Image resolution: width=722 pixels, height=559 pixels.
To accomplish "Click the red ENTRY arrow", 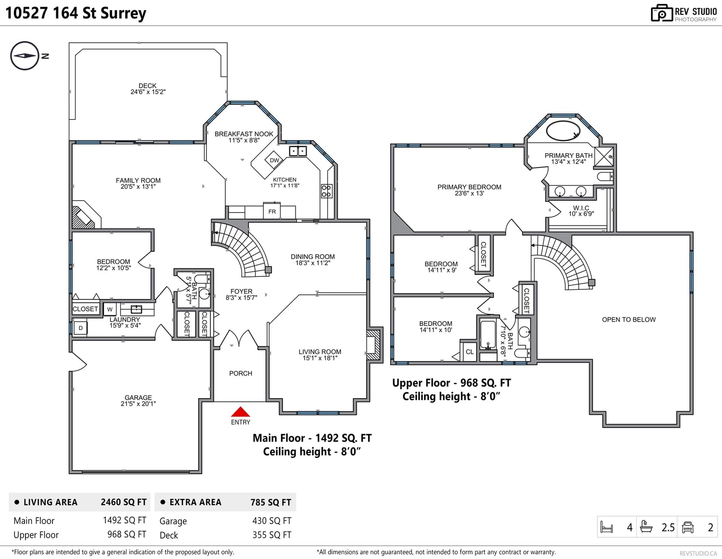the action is coord(240,412).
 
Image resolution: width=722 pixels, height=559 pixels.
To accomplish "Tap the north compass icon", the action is coord(25,55).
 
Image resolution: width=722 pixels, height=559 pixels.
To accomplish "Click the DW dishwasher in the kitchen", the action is coord(274,160).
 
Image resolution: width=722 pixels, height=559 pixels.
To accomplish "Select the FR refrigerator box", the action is coord(272,211).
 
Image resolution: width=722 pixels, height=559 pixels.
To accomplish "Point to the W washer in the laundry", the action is coord(110,309).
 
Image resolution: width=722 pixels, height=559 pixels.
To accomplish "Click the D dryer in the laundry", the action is coord(80,328).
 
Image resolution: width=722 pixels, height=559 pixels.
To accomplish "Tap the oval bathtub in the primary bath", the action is coord(563,131).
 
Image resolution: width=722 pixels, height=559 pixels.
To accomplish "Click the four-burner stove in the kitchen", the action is coord(326,191).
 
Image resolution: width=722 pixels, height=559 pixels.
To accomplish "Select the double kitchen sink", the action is coord(297,151).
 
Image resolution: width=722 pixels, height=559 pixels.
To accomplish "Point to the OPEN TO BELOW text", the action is coord(629,319).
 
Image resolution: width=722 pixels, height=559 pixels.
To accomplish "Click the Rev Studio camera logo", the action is coord(662,13).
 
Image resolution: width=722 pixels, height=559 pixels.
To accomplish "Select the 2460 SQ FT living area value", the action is coord(124,502).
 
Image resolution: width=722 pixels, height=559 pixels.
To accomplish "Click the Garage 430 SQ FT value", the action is coord(271,520).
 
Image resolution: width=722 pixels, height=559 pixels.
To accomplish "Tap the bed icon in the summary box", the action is coord(606,527).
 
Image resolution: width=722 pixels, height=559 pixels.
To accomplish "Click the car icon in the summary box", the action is coord(688,527).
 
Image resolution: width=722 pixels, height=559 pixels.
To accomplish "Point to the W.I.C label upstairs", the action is coord(581,208).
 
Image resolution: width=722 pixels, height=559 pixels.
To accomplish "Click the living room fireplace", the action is coord(374,345).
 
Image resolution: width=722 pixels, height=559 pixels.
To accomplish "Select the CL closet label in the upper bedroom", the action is coord(469,351).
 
